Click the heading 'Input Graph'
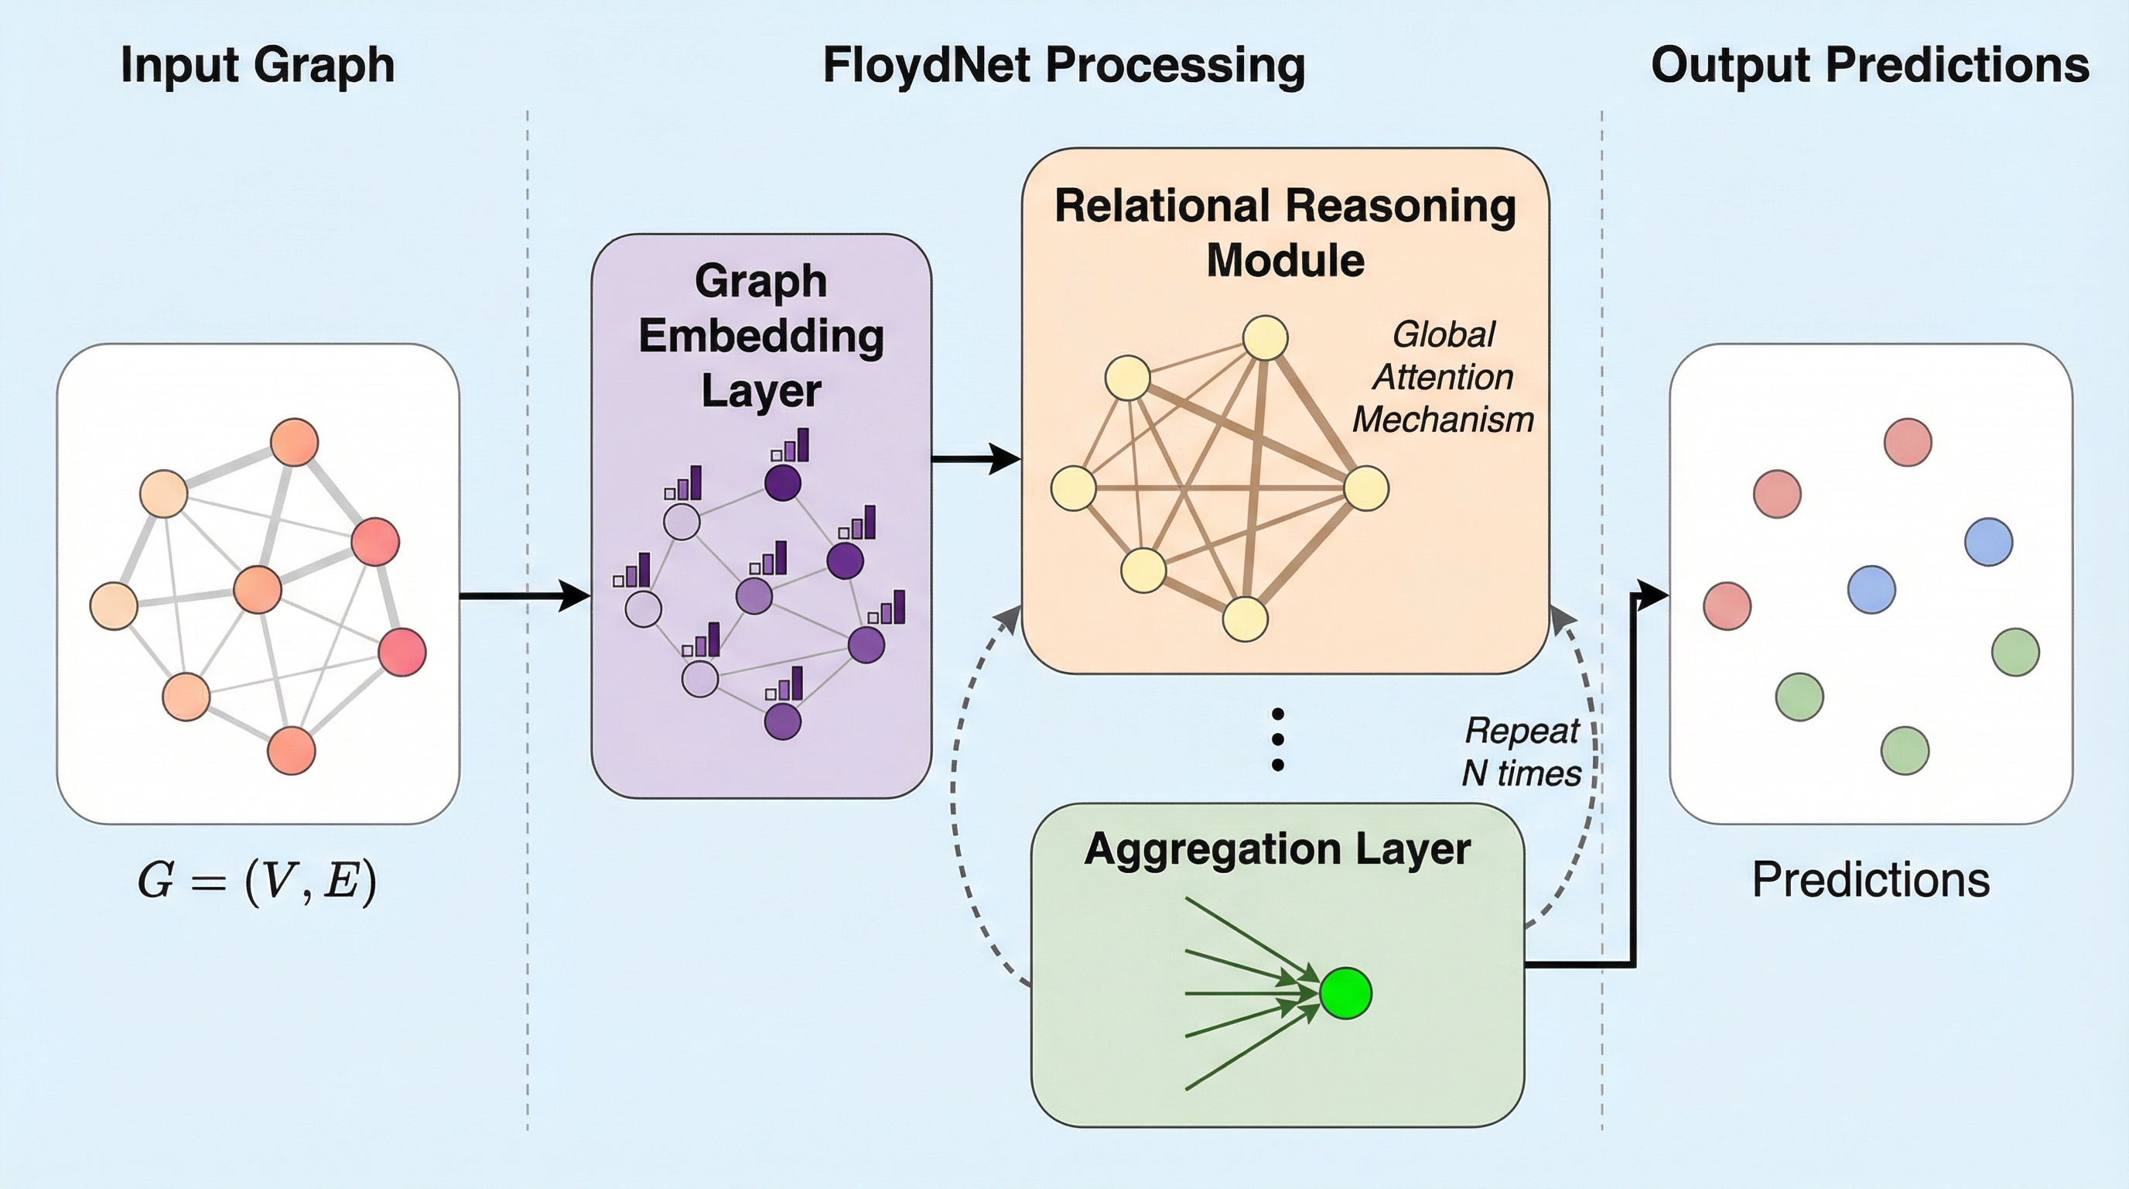click(257, 65)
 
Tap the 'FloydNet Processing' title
click(1064, 65)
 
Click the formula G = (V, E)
click(257, 880)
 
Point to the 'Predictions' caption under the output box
click(1871, 880)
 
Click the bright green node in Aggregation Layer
click(1345, 993)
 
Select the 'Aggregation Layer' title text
click(1277, 849)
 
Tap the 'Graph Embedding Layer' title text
click(761, 336)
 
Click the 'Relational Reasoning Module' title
click(1285, 232)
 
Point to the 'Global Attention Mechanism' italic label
click(1443, 377)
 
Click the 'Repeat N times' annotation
click(1521, 752)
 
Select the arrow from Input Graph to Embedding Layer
click(525, 595)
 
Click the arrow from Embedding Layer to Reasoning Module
click(976, 459)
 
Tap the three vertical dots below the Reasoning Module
click(1278, 739)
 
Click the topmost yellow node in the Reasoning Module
click(1266, 338)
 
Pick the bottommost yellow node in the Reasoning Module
click(1245, 618)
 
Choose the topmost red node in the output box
click(1908, 442)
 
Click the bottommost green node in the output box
click(1904, 751)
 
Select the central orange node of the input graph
click(258, 590)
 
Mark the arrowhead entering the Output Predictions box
click(1653, 594)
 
